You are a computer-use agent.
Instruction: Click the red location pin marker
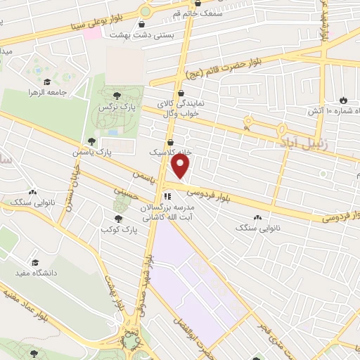coord(181,166)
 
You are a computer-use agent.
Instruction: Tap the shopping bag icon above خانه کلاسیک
coord(170,140)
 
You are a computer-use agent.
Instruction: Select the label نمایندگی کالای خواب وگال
coord(181,108)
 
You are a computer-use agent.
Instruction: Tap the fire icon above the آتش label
coord(343,100)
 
